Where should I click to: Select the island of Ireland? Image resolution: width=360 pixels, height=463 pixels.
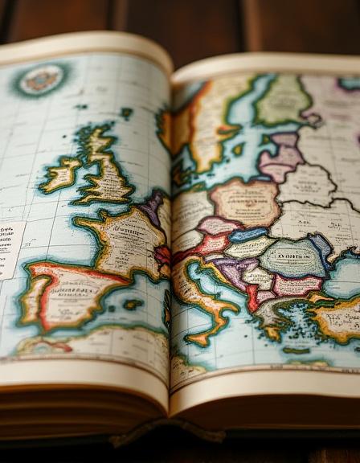(x=62, y=173)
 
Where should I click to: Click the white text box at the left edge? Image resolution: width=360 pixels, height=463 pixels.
(x=10, y=250)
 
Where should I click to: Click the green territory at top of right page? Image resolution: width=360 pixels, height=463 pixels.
(x=283, y=100)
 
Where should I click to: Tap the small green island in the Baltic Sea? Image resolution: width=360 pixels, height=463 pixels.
(x=238, y=149)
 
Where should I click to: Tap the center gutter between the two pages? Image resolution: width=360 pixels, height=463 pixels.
(x=170, y=241)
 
